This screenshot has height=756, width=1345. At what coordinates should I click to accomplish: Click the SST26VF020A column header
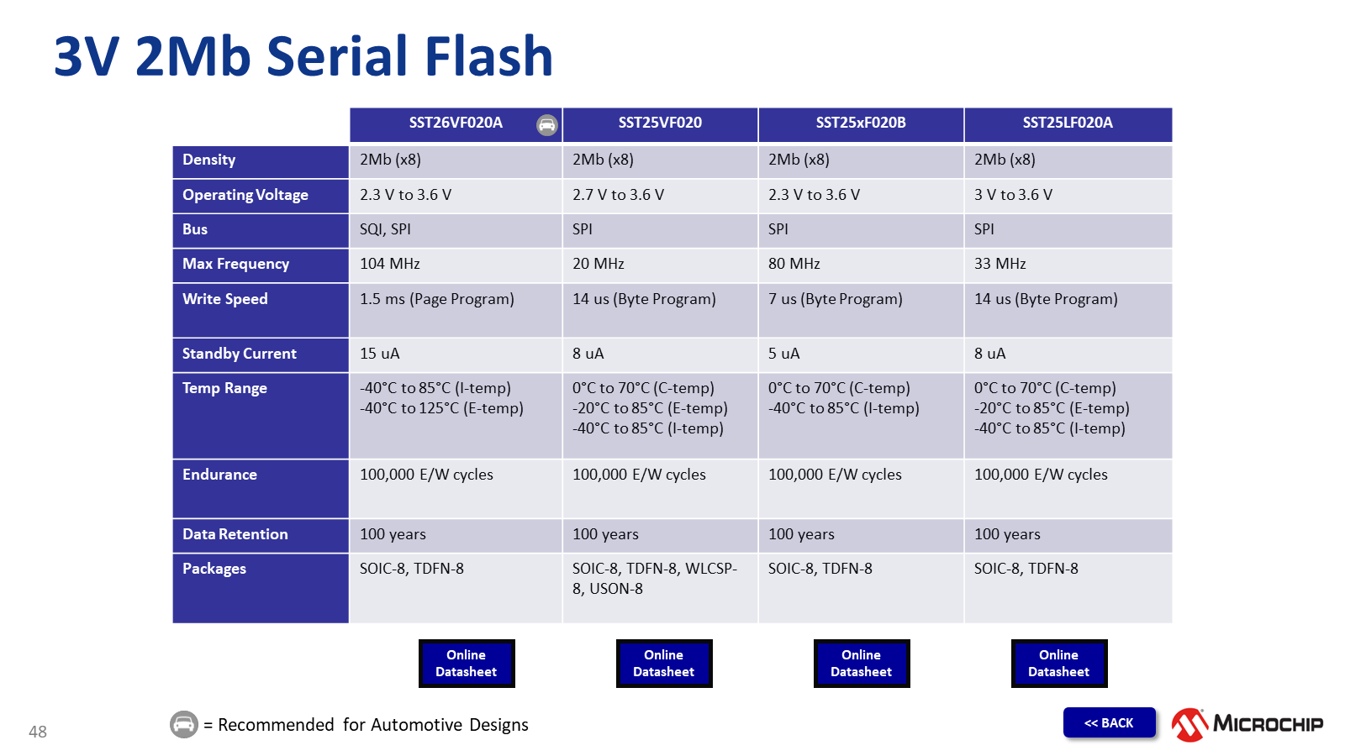point(456,123)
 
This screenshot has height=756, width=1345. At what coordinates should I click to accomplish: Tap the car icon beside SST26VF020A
point(547,125)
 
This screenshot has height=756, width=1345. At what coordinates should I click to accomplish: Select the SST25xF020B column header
point(861,123)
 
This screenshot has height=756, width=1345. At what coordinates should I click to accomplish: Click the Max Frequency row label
point(235,264)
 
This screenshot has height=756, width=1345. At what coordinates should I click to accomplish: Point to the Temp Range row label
point(224,388)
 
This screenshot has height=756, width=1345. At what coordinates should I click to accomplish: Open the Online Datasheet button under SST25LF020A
point(1058,664)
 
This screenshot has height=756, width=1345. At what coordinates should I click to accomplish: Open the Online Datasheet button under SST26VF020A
point(467,664)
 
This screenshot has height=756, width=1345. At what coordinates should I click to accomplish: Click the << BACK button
point(1109,723)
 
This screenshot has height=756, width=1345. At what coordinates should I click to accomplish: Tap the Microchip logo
point(1247,724)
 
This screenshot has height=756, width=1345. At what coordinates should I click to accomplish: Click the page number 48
point(38,732)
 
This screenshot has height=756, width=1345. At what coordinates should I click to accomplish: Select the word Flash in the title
point(488,57)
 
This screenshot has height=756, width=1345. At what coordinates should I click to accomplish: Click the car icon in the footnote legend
point(184,724)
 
